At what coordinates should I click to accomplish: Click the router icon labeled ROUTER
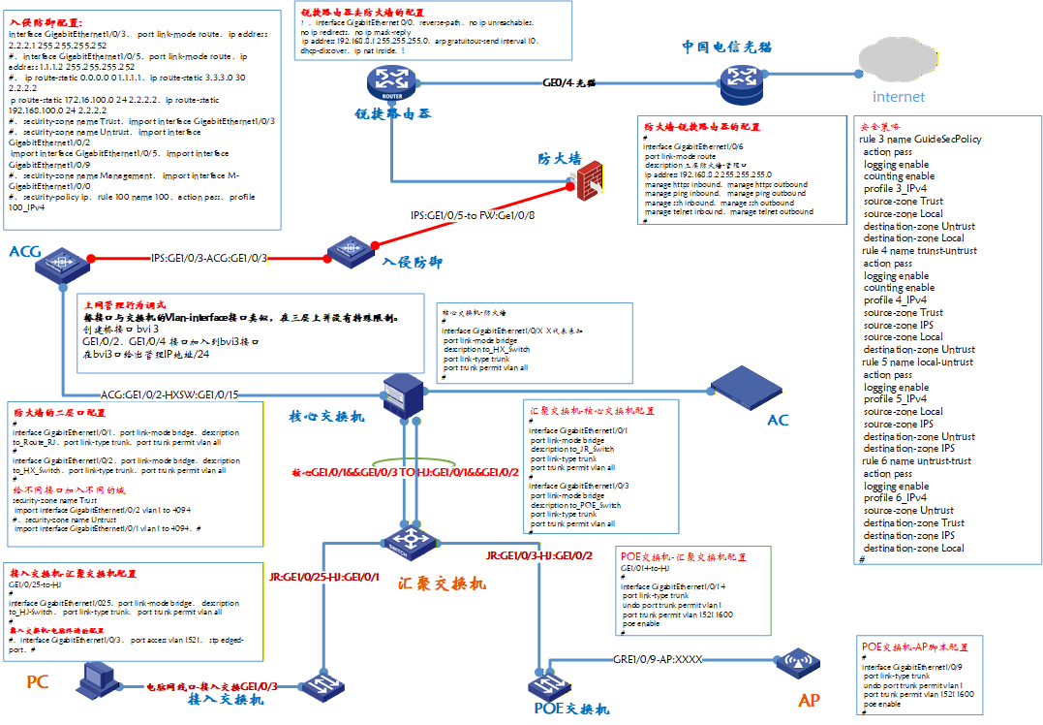[x=392, y=82]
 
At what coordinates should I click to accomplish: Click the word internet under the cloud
[x=898, y=97]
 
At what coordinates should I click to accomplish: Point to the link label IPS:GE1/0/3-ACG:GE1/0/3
[x=209, y=259]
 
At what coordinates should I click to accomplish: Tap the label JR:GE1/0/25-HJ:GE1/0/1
[x=324, y=578]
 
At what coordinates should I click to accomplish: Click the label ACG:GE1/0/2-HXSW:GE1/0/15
[x=169, y=394]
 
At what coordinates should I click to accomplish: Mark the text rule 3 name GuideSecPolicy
[x=920, y=139]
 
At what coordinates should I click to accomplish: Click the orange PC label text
[x=37, y=682]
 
